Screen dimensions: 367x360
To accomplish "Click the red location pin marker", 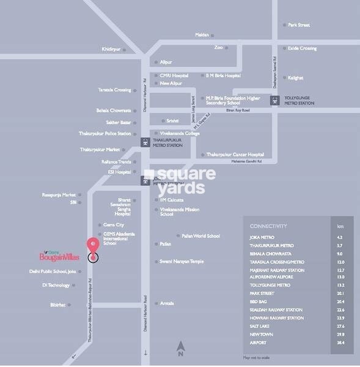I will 93,245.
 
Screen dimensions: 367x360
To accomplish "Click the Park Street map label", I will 299,25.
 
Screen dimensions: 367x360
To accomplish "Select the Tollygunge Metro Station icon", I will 274,100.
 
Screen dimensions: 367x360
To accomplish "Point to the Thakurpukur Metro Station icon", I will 145,143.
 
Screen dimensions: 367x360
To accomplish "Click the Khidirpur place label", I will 112,49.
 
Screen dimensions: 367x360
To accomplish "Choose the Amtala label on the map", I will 167,303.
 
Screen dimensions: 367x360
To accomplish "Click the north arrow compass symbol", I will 180,348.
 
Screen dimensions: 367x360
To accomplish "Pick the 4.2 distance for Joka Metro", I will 340,237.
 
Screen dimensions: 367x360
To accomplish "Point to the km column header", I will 340,225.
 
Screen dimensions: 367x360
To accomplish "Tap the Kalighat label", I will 296,78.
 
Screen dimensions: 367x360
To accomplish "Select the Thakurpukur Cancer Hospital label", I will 235,155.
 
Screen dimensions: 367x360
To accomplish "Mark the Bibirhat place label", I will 61,305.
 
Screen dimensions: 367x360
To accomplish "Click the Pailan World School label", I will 200,235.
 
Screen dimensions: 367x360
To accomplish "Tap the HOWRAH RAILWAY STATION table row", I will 277,318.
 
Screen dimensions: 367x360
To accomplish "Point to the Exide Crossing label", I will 302,48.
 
